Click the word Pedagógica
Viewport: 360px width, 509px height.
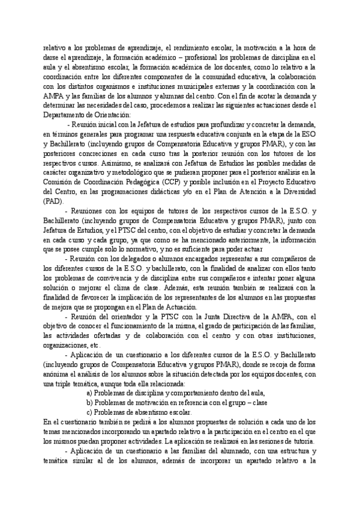(139, 184)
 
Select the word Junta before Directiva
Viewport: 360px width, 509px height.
(227, 317)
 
